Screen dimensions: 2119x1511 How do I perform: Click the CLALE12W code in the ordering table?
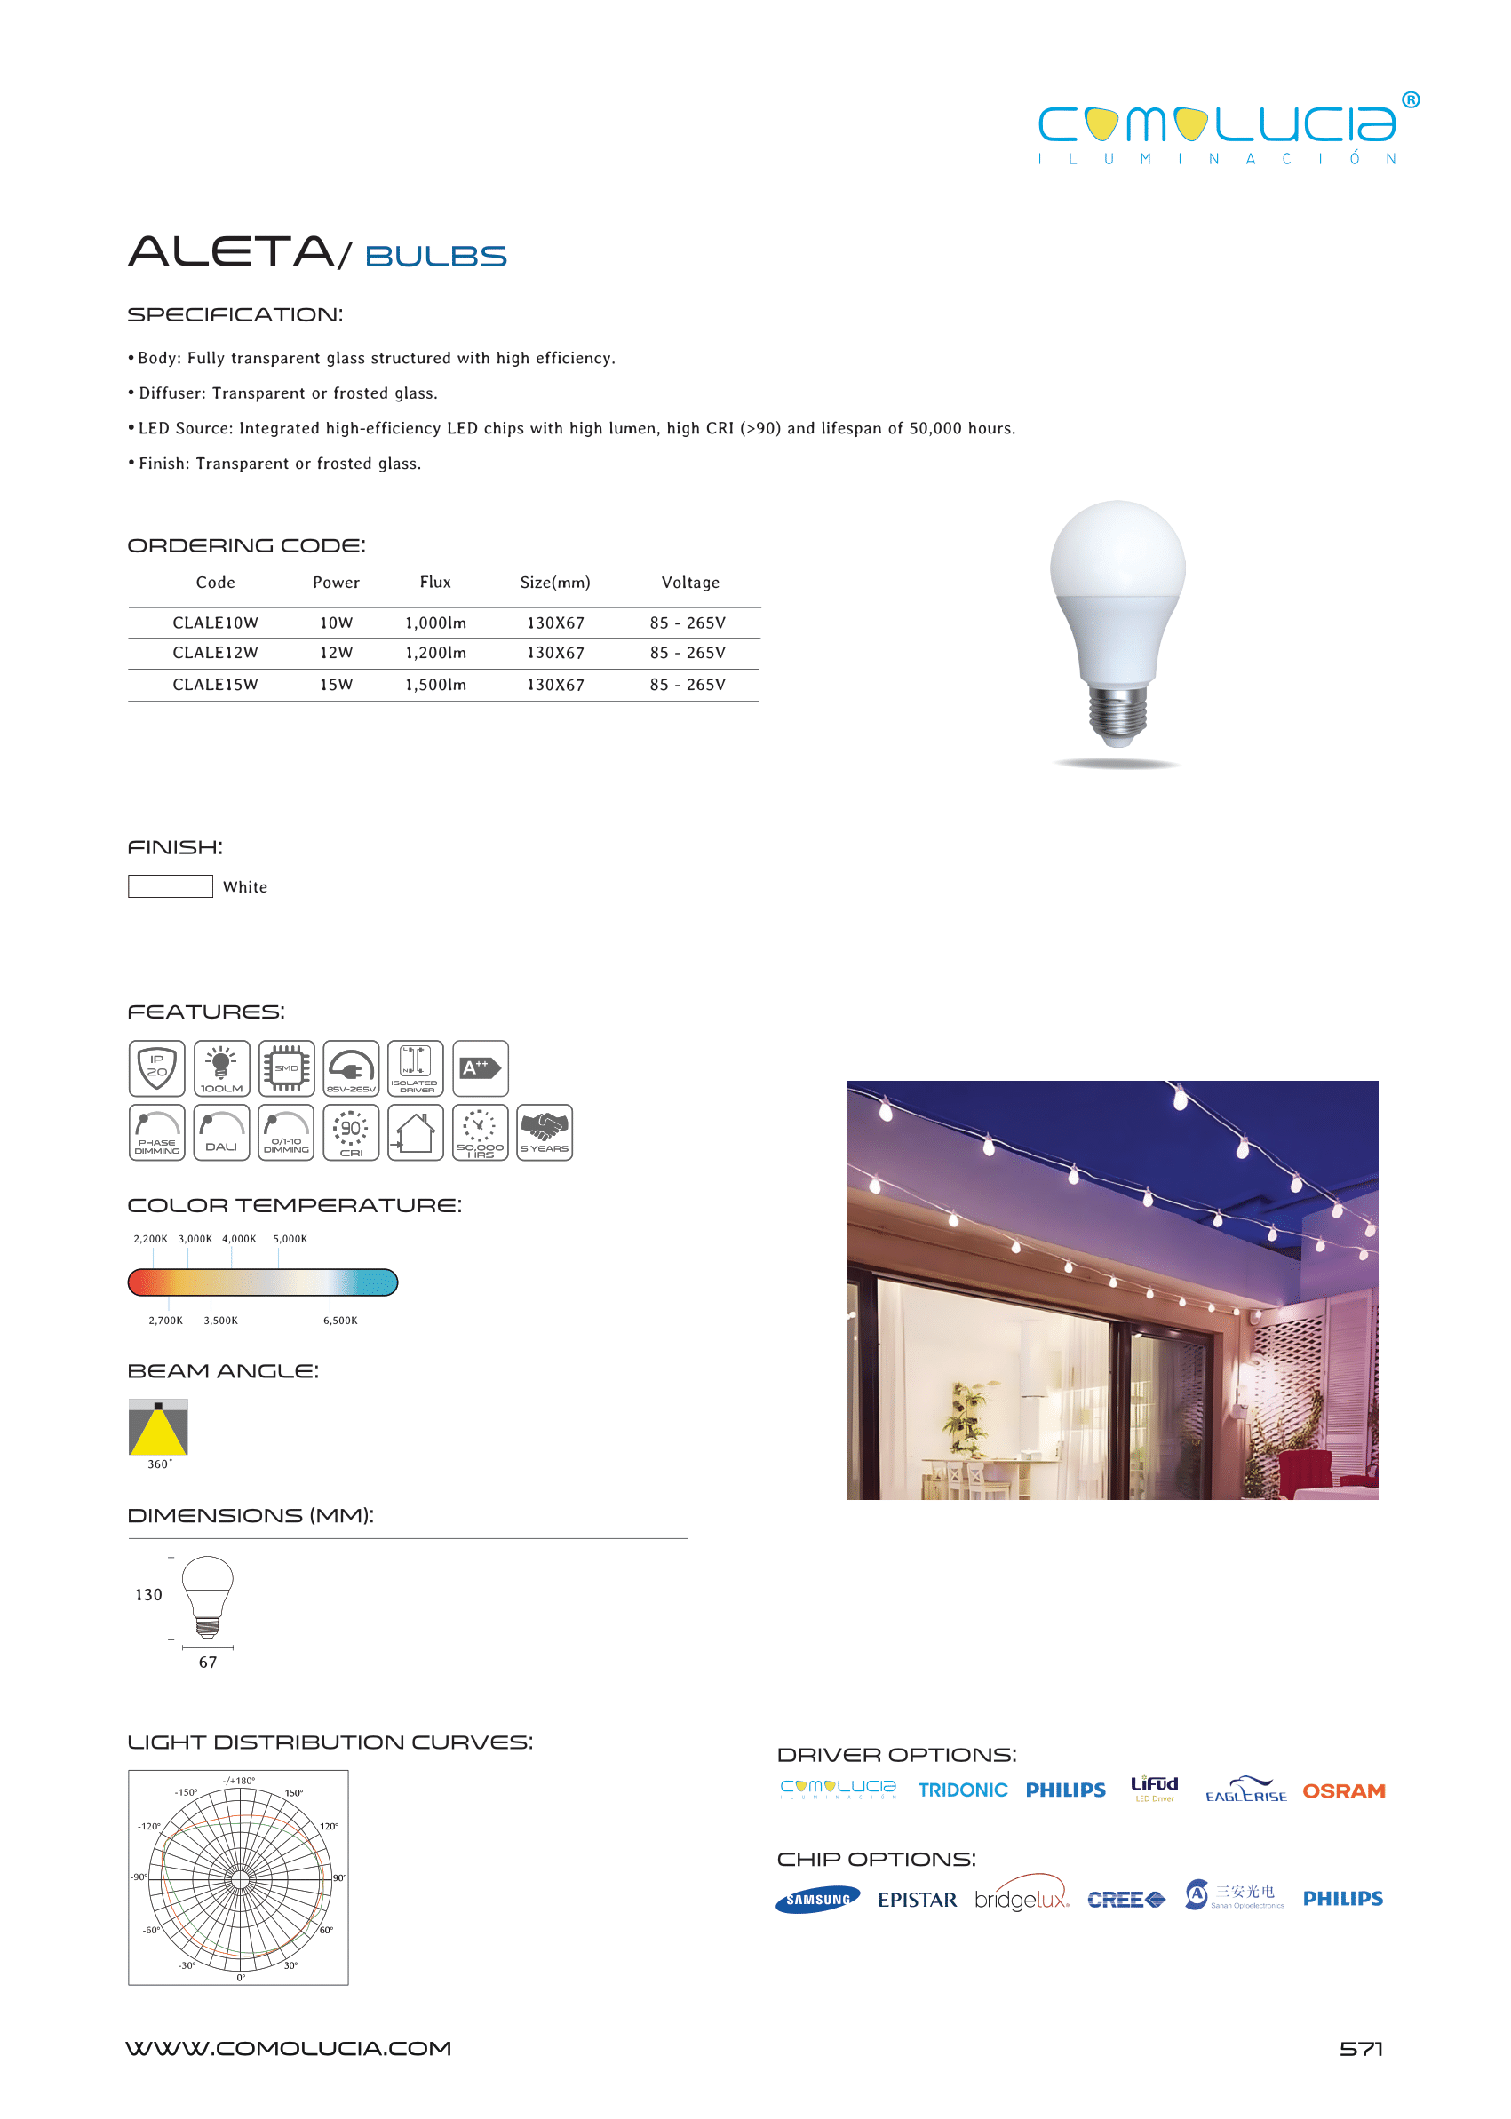click(215, 653)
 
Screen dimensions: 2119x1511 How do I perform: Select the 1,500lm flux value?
click(435, 685)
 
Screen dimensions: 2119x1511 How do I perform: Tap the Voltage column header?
click(689, 583)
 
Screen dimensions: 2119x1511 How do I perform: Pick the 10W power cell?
click(336, 623)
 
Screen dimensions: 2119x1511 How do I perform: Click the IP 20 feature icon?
click(157, 1067)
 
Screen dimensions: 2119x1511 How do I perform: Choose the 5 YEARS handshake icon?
click(545, 1132)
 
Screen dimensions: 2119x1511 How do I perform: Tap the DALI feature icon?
click(221, 1132)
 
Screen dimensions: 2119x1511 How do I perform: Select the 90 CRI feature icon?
click(351, 1132)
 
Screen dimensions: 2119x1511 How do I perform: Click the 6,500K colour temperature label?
click(339, 1321)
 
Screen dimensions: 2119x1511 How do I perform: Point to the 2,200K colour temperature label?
click(151, 1239)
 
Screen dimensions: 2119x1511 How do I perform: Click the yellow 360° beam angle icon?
click(158, 1427)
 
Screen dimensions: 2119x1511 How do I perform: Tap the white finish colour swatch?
click(171, 886)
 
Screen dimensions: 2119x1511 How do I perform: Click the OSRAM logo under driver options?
click(1342, 1790)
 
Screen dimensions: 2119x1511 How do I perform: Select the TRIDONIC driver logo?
click(962, 1790)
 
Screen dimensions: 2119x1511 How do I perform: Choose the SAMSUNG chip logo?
click(818, 1900)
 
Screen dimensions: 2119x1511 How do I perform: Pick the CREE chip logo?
click(1125, 1900)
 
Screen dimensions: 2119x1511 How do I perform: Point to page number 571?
click(1360, 2048)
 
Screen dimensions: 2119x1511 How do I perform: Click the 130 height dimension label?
click(149, 1595)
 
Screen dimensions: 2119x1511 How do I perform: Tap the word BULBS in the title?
click(435, 257)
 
